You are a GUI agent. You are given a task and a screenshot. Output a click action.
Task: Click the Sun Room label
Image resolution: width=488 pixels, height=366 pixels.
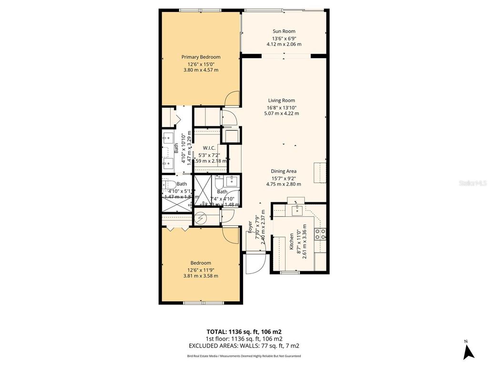pos(284,31)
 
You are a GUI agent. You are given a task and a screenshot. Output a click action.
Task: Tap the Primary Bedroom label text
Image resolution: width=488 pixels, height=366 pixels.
pos(201,57)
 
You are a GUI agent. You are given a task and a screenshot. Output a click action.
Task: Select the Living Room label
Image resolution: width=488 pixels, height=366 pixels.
pos(281,101)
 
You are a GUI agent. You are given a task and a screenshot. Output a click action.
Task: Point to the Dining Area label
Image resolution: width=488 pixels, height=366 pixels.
pos(284,171)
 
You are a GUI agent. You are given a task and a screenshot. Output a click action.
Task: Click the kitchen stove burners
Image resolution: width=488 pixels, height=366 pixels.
pos(321,234)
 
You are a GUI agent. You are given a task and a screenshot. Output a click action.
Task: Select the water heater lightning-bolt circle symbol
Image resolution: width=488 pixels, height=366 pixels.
pos(201,218)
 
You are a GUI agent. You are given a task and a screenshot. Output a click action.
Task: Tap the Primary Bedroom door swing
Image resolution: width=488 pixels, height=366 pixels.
pos(231,99)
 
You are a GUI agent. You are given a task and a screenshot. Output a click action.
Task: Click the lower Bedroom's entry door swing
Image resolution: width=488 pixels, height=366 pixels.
pos(231,235)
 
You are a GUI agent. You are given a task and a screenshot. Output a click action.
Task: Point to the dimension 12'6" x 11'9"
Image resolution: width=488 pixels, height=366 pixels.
pos(201,269)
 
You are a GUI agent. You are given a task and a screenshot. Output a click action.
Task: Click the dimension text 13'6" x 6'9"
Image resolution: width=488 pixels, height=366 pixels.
pos(284,39)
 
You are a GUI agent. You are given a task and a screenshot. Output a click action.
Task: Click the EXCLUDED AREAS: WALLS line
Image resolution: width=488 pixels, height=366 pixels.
pos(244,346)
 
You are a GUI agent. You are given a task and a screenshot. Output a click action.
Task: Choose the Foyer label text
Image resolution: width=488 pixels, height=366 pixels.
pos(250,227)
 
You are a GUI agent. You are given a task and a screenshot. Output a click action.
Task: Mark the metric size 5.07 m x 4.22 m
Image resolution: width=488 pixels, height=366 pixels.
pos(281,113)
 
